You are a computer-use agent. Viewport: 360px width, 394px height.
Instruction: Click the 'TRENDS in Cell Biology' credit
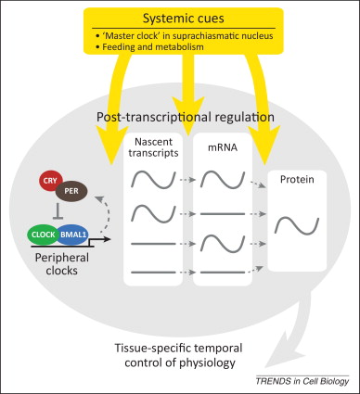[302, 383]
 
